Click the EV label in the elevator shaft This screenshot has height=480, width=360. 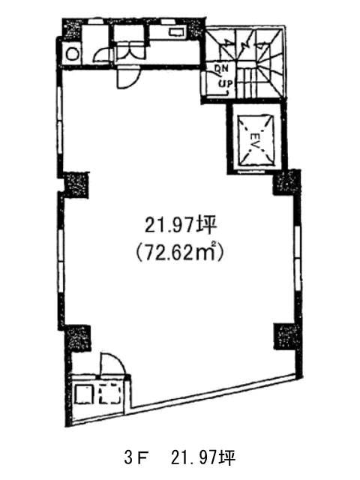254,136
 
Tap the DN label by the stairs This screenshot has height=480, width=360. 221,68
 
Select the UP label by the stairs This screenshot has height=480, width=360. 225,82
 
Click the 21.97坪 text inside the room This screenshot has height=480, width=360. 181,226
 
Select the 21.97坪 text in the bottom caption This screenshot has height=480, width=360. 203,458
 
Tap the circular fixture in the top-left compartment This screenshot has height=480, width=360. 73,55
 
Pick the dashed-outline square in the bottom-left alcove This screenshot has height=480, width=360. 109,395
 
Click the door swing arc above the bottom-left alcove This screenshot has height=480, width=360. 112,364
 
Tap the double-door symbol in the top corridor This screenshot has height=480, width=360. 130,52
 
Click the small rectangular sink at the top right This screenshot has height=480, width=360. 176,32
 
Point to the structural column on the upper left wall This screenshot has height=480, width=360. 76,185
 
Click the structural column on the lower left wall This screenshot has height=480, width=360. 77,338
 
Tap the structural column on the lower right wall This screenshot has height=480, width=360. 286,336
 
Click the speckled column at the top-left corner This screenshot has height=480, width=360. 72,29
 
